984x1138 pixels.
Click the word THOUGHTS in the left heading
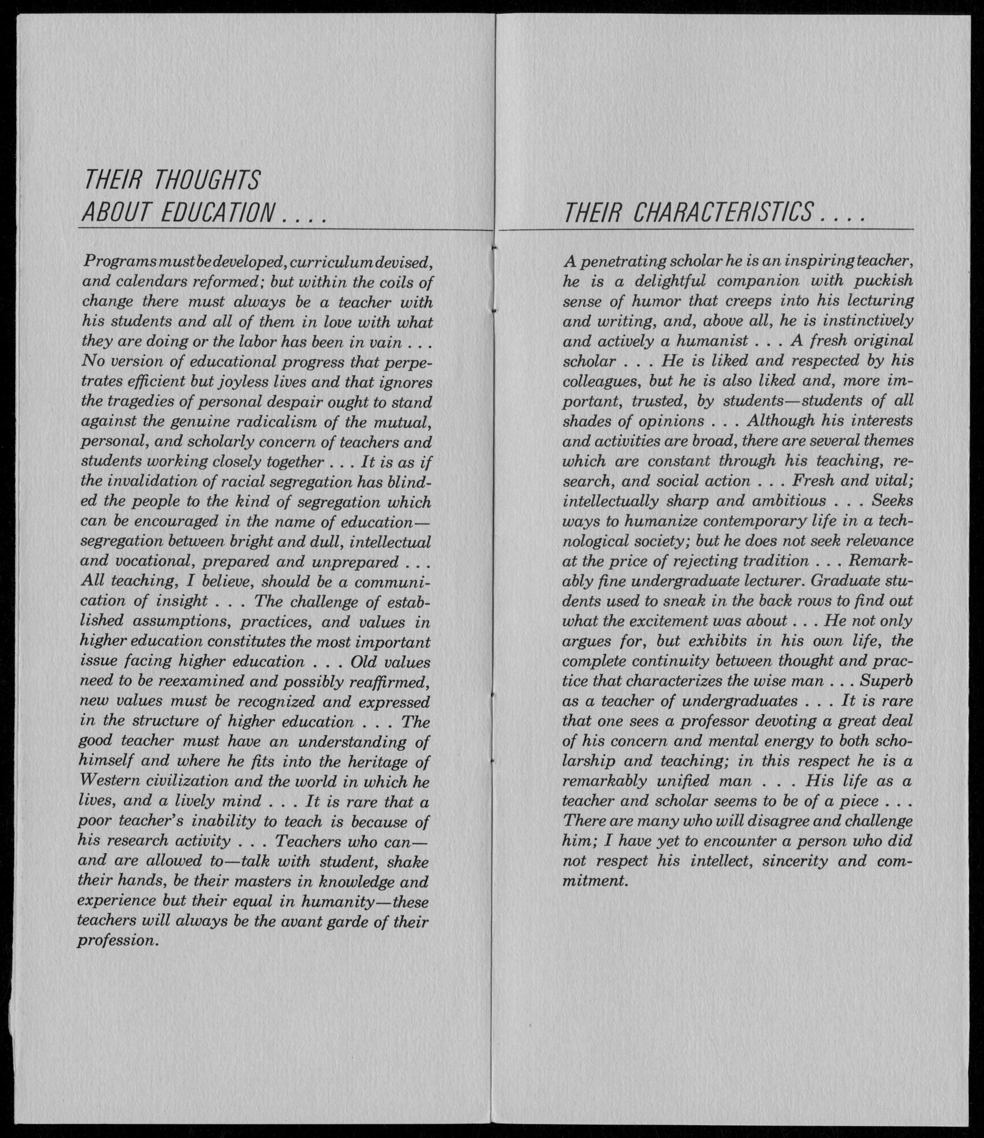coord(207,180)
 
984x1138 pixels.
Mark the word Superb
coord(886,681)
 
